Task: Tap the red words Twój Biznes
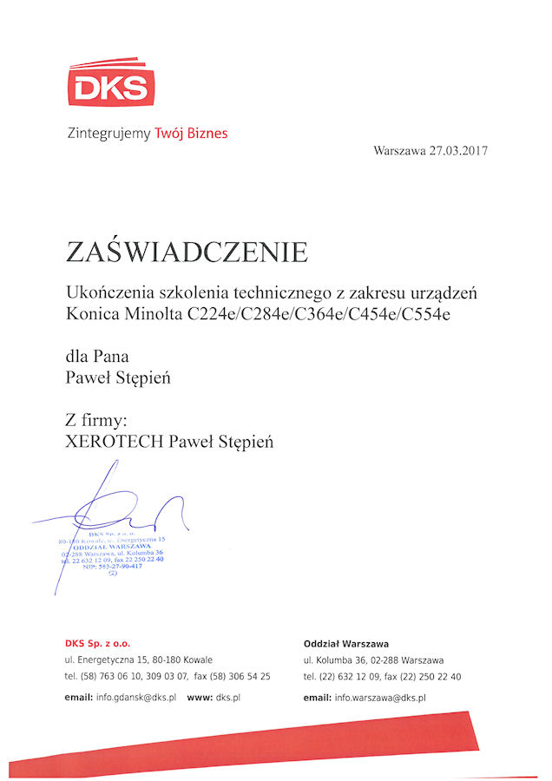click(x=191, y=134)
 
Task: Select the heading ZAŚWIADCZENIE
click(x=187, y=252)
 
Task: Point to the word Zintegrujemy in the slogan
click(x=108, y=134)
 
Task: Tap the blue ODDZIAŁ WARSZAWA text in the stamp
click(x=113, y=546)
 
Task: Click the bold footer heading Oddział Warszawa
click(x=345, y=643)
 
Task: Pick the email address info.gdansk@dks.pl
click(x=137, y=697)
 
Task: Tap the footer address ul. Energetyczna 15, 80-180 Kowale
click(x=138, y=660)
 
